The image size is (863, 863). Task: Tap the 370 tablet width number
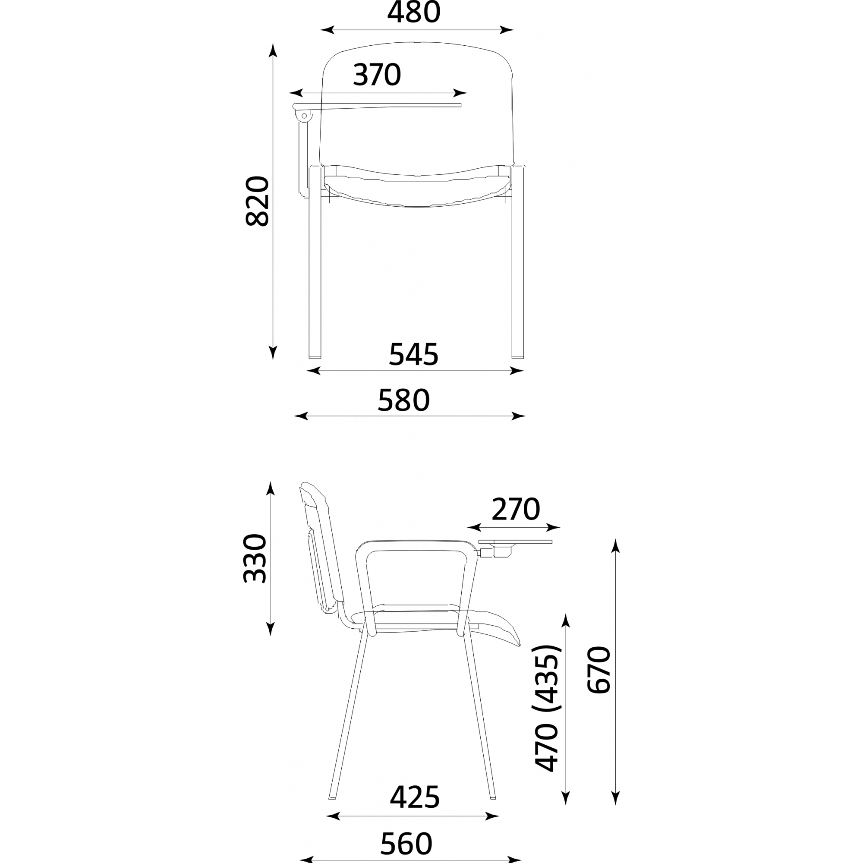377,75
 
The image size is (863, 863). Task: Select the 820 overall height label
258,201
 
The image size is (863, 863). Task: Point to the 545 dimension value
414,355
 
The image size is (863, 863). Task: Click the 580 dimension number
404,400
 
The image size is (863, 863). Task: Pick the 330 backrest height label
255,558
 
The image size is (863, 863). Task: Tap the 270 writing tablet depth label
516,509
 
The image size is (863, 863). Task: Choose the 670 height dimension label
598,670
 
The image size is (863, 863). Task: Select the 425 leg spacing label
415,797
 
